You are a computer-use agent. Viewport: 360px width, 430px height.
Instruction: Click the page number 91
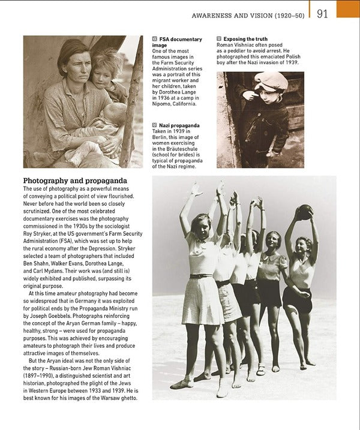pos(322,13)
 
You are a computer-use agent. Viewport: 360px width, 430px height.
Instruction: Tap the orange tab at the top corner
pos(348,8)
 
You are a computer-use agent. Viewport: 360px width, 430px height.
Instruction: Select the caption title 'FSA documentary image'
pos(176,42)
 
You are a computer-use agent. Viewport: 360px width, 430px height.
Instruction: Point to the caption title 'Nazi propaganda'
pos(179,125)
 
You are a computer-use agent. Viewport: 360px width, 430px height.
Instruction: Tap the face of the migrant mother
pos(71,67)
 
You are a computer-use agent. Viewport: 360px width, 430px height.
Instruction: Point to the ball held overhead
pos(305,212)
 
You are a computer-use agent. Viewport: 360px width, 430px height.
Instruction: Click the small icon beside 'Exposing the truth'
pos(219,39)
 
